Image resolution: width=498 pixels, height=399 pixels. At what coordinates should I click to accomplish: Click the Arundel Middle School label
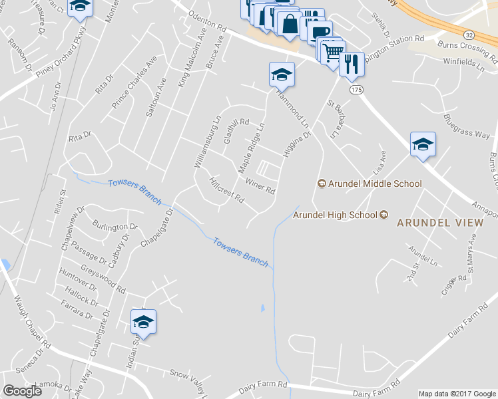370,184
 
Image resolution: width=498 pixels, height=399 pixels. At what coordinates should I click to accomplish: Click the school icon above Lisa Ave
423,144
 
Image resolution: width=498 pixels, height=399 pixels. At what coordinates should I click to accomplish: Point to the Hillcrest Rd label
226,190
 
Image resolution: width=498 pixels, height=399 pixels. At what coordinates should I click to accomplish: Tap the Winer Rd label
260,186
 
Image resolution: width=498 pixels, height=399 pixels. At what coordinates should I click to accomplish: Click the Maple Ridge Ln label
252,146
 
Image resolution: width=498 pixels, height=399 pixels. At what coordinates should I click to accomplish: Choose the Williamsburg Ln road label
206,142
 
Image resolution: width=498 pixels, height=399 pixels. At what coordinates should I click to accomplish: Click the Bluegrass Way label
466,125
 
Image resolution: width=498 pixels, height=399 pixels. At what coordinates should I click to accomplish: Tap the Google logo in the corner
22,391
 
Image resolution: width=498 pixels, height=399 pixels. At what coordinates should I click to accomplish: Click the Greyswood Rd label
102,279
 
